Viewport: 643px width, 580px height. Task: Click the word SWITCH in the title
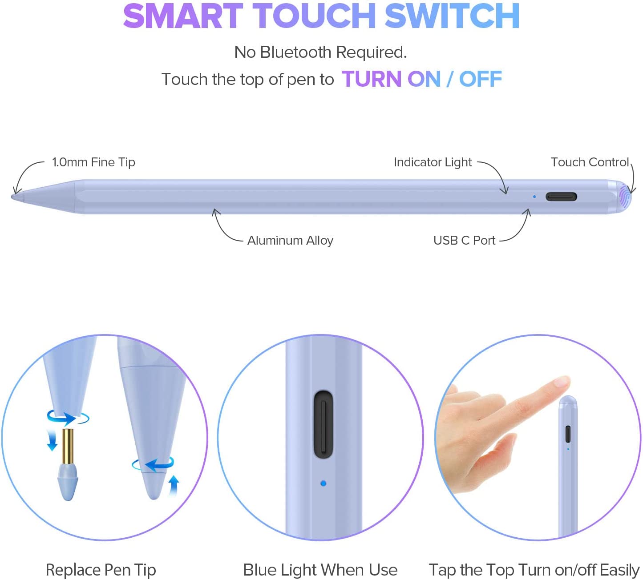[x=452, y=16]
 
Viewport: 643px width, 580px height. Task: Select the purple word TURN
[x=371, y=79]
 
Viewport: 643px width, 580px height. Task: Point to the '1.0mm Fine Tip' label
[x=93, y=162]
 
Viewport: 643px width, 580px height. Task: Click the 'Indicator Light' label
[x=433, y=162]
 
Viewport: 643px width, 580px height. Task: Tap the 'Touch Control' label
[x=590, y=162]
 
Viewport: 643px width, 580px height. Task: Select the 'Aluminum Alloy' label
[x=291, y=240]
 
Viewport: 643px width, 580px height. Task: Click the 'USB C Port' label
[x=464, y=240]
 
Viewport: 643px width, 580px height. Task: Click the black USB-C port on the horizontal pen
[x=561, y=197]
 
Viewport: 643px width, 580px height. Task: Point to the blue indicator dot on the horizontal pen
[x=534, y=197]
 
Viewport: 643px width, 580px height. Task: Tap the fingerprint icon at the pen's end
[x=624, y=197]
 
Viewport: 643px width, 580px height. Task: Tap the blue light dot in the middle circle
[x=323, y=483]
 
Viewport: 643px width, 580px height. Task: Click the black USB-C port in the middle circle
[x=323, y=424]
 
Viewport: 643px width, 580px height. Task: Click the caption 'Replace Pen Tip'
[x=101, y=570]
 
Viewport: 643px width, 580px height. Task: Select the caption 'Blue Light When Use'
[x=320, y=570]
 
